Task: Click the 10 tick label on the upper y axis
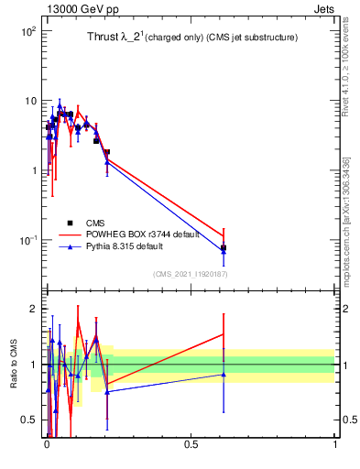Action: (29, 101)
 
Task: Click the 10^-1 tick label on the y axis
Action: (27, 240)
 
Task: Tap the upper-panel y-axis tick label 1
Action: (33, 170)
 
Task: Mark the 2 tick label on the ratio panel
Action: (34, 309)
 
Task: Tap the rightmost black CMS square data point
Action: (224, 247)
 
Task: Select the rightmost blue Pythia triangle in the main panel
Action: (224, 251)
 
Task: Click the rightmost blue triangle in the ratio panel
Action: (224, 374)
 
